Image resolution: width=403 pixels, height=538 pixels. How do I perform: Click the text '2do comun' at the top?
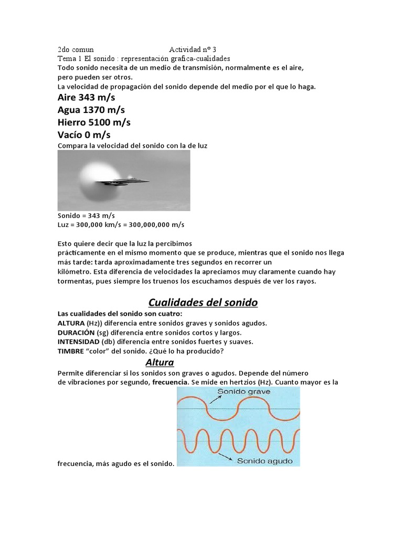click(76, 49)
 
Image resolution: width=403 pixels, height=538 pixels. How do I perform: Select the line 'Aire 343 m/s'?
click(87, 98)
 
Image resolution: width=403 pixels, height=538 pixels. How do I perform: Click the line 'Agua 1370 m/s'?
click(91, 110)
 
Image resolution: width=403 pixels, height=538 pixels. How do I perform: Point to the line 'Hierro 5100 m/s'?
click(94, 122)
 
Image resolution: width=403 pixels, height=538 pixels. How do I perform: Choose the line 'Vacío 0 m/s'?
click(84, 134)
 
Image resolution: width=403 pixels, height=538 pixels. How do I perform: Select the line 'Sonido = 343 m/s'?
click(86, 216)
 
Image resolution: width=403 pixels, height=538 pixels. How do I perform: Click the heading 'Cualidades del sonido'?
click(203, 303)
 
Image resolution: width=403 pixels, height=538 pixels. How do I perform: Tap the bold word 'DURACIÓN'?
click(76, 333)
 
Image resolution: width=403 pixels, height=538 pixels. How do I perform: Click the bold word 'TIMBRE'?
click(70, 351)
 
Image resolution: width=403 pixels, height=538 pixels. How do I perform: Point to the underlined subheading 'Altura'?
click(159, 363)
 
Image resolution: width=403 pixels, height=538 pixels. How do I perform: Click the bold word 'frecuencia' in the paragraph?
click(170, 382)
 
